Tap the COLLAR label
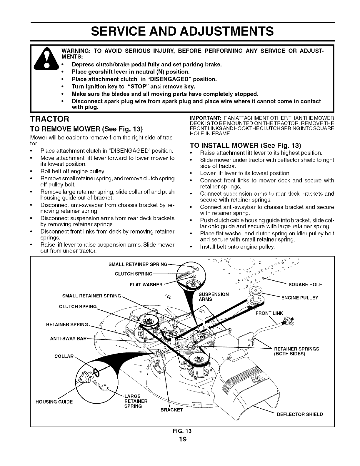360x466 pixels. (64, 356)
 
